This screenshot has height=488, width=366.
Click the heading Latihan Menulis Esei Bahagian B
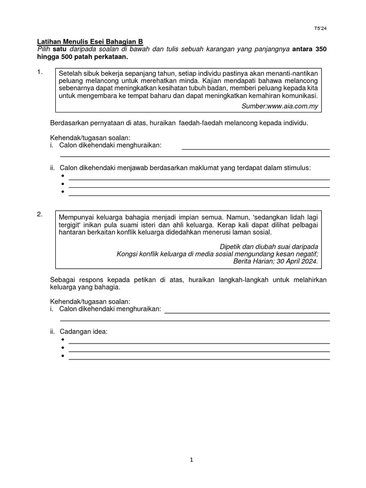(90, 42)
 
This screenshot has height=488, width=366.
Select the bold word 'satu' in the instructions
(59, 50)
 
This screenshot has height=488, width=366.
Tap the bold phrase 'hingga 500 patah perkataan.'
(83, 57)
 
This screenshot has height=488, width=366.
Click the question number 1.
(40, 72)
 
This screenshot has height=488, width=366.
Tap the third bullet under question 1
(62, 192)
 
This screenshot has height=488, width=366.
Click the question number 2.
(40, 214)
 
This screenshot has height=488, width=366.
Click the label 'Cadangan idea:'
(83, 332)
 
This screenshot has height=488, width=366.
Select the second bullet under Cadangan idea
(62, 348)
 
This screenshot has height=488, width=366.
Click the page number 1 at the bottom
(192, 460)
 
